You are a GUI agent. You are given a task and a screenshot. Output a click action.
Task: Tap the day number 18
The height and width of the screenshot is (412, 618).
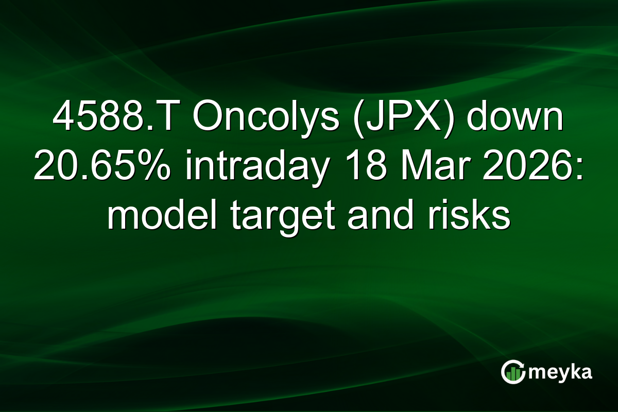point(358,168)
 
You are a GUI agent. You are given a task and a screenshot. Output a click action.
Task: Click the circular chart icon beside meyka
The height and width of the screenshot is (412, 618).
point(512,372)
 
